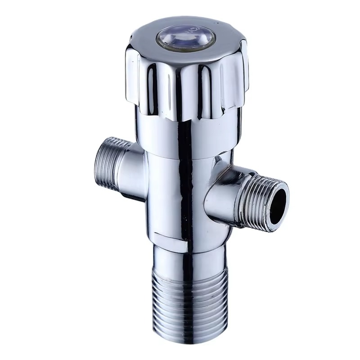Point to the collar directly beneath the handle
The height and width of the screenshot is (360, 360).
click(184, 135)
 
